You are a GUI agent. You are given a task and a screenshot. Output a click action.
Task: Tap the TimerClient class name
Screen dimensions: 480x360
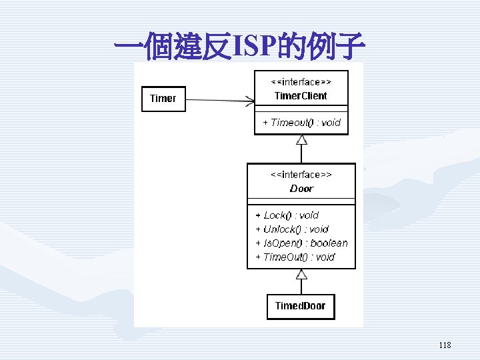pyautogui.click(x=301, y=96)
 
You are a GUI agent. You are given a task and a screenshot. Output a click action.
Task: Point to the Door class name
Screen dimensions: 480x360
pyautogui.click(x=301, y=189)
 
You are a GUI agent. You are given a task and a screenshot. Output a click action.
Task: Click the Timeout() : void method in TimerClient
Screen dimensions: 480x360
pyautogui.click(x=301, y=123)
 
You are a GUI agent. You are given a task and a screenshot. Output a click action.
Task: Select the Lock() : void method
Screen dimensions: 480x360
pyautogui.click(x=287, y=215)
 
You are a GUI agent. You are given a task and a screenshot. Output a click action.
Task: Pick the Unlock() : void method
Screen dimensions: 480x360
pyautogui.click(x=292, y=229)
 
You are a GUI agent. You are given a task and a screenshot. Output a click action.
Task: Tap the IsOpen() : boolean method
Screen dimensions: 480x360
pyautogui.click(x=301, y=243)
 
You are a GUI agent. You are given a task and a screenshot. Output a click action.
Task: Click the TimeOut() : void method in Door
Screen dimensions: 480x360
pyautogui.click(x=295, y=257)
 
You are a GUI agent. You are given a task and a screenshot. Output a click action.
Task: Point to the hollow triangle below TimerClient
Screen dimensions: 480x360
pyautogui.click(x=301, y=139)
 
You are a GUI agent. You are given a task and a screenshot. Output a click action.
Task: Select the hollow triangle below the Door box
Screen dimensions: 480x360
pyautogui.click(x=301, y=274)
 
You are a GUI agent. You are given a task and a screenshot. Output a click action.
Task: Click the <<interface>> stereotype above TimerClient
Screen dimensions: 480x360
pyautogui.click(x=301, y=82)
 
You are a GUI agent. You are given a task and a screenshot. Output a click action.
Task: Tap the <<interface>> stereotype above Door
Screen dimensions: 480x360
pyautogui.click(x=301, y=175)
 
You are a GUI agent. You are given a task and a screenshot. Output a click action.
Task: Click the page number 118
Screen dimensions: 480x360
pyautogui.click(x=445, y=345)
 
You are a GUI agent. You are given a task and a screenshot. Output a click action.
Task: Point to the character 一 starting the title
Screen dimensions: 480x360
pyautogui.click(x=129, y=46)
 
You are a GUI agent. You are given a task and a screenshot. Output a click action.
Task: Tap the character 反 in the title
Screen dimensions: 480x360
pyautogui.click(x=217, y=46)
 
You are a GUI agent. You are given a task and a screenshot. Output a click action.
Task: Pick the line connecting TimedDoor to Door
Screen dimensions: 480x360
pyautogui.click(x=301, y=287)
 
